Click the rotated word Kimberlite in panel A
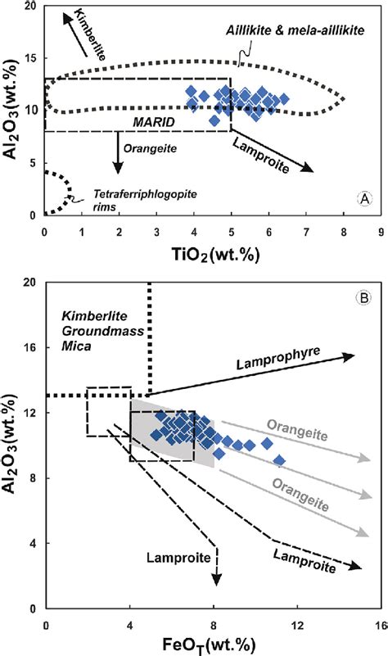point(82,27)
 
